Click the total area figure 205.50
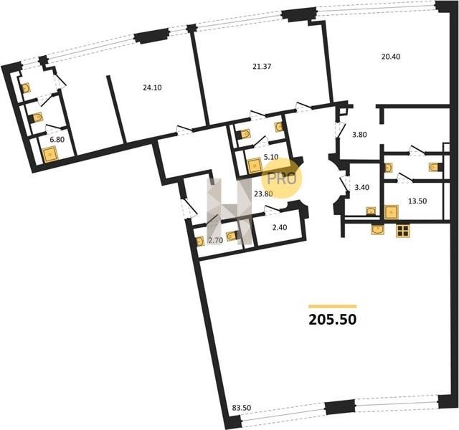(x=333, y=320)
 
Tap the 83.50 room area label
(x=242, y=408)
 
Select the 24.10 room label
(x=152, y=87)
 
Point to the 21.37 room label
(x=262, y=67)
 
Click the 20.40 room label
(x=391, y=57)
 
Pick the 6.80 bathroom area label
(x=57, y=140)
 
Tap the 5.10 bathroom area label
(x=271, y=158)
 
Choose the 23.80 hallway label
(x=263, y=193)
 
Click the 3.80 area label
(x=360, y=135)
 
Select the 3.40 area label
(x=361, y=187)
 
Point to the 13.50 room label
(x=417, y=201)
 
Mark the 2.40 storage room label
(x=280, y=227)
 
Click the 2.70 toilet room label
(x=216, y=241)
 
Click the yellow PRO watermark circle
(x=282, y=178)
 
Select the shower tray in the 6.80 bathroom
(x=50, y=155)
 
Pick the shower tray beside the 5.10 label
(x=255, y=166)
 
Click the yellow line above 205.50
(x=333, y=307)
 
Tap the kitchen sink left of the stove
(x=378, y=229)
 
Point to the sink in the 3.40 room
(x=371, y=211)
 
